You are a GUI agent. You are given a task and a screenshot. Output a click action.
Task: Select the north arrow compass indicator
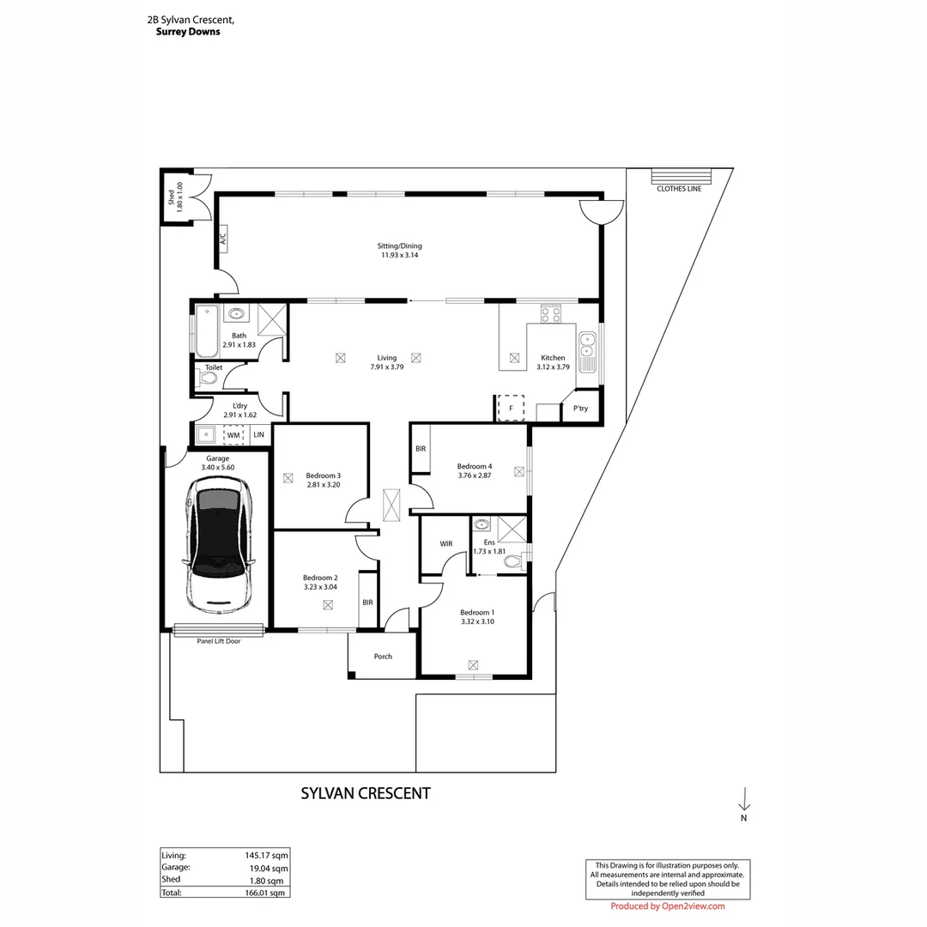coord(744,800)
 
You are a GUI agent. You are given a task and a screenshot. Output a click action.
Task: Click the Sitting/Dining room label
coord(401,245)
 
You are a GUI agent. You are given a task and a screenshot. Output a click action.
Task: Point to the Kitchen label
coord(552,358)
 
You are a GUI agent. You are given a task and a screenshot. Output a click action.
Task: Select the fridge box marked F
coord(511,408)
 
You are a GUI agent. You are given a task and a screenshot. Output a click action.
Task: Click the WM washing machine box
coord(233,436)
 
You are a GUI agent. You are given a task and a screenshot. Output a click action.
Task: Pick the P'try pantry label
coord(580,409)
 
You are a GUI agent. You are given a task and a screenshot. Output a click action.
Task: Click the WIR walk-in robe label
coord(445,544)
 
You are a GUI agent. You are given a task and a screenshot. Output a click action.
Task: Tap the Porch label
coord(383,657)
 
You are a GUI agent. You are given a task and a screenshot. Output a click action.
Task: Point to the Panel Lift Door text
coord(218,640)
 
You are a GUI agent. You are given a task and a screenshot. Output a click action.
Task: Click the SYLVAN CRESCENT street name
coord(365,793)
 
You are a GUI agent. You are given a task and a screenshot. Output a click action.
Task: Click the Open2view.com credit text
coord(668,906)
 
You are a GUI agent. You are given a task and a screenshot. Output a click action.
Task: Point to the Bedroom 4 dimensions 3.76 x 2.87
coord(474,476)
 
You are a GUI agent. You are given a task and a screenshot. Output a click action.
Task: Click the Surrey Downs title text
coord(188,32)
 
